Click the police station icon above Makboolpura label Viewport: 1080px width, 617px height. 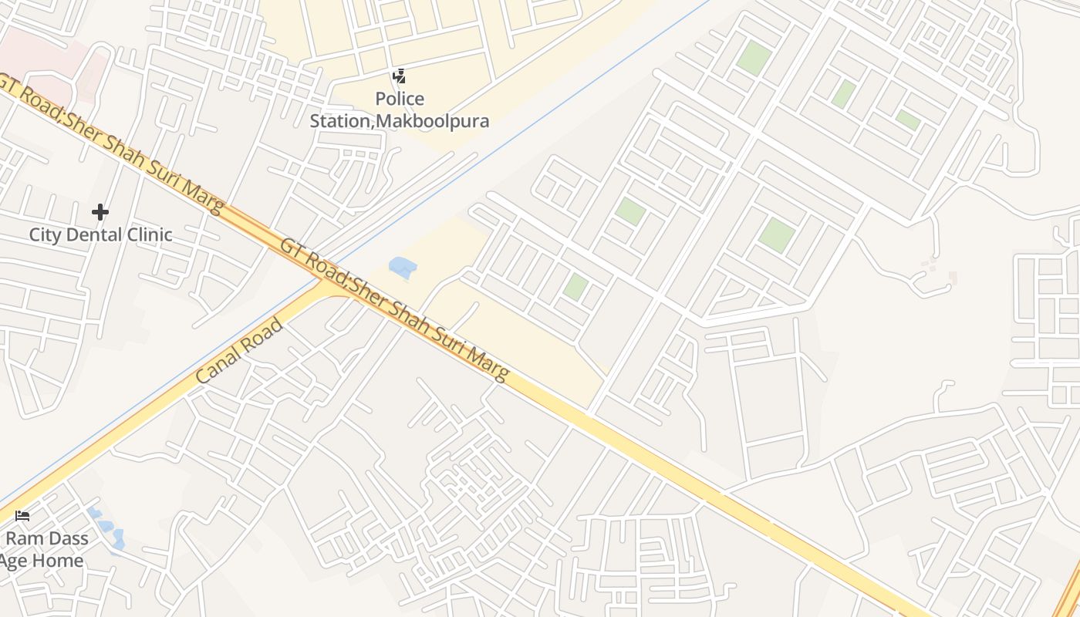pos(399,76)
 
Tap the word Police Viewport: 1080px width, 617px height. pos(400,99)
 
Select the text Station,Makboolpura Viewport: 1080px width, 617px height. pos(400,121)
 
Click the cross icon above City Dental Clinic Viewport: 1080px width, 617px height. pos(100,212)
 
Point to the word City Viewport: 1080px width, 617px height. pos(45,235)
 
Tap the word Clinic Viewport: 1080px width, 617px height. pos(150,235)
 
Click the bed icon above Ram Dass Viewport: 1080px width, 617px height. pos(22,515)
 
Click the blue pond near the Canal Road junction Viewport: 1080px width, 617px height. pos(403,268)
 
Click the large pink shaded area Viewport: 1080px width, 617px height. pos(46,62)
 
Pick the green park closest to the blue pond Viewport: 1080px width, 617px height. pos(575,287)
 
